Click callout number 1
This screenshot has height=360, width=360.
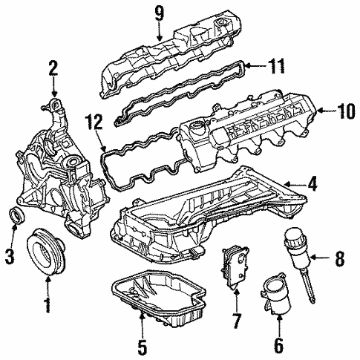47,304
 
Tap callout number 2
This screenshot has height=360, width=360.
53,70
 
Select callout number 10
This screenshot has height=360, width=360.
343,112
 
